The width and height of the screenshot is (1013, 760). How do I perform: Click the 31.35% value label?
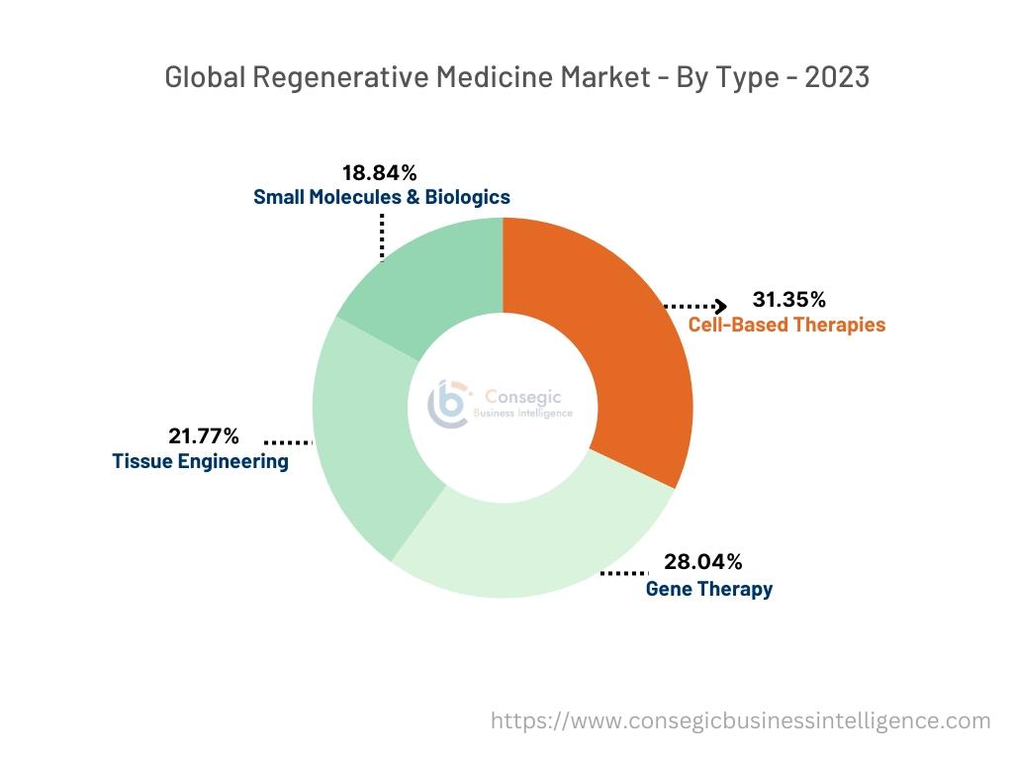click(788, 300)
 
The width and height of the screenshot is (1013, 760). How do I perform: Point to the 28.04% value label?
click(702, 563)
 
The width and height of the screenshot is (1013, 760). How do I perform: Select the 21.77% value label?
click(205, 435)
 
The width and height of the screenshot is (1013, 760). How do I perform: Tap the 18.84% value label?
click(379, 173)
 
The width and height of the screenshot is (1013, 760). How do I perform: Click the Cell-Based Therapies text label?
click(786, 325)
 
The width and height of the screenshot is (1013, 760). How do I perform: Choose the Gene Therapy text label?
click(708, 589)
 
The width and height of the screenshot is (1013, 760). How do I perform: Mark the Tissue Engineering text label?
click(200, 461)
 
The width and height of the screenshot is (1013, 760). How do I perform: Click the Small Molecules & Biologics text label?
click(382, 197)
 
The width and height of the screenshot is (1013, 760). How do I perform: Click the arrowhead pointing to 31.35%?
click(721, 306)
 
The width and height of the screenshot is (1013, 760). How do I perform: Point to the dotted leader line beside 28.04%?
click(623, 573)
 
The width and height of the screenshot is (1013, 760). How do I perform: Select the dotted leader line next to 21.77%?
click(287, 442)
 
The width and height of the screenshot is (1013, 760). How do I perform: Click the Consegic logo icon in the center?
click(447, 404)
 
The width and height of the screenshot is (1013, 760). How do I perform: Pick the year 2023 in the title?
click(837, 77)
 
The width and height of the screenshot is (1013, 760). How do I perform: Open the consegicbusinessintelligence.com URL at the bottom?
click(740, 720)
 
